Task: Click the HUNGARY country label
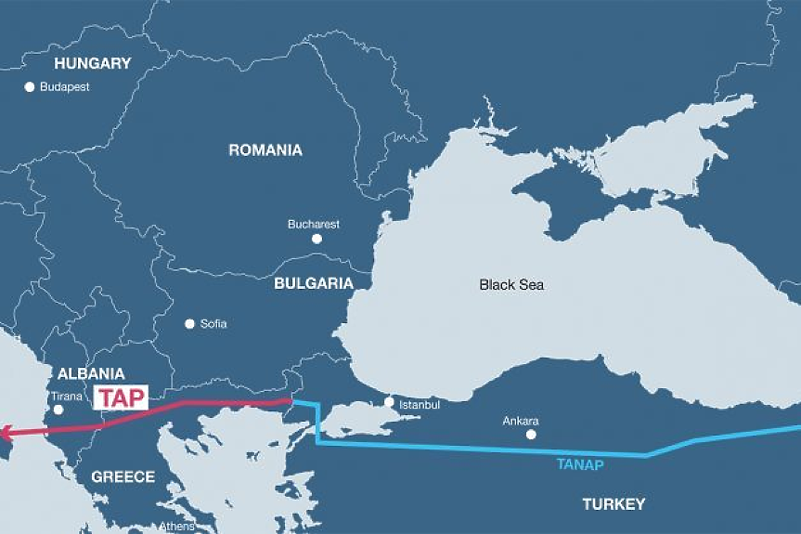pos(93,64)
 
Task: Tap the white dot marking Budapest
pos(30,86)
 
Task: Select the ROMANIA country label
pos(265,150)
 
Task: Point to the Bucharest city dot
pos(317,239)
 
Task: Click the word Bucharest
pos(314,224)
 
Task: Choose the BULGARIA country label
pos(314,283)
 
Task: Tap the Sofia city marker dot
pos(190,324)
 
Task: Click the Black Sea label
pos(511,285)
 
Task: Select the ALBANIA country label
pos(91,374)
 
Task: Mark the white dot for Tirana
pos(58,410)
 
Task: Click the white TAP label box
pos(122,397)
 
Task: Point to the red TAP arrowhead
pos(6,432)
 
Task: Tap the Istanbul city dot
pos(390,402)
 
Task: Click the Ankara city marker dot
pos(531,434)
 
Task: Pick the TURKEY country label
pos(613,504)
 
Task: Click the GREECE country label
pos(123,476)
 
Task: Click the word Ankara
pos(520,421)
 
